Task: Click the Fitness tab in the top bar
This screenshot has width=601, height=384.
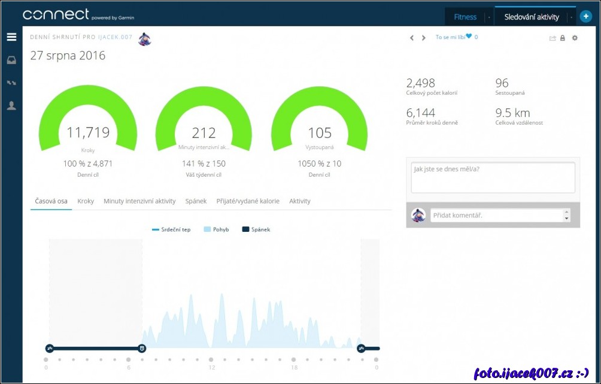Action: click(465, 17)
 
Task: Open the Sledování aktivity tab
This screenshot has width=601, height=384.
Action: click(531, 17)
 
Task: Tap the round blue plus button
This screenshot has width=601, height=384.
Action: click(585, 17)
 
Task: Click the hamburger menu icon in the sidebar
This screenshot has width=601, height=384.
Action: click(11, 37)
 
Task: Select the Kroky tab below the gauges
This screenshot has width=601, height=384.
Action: click(86, 201)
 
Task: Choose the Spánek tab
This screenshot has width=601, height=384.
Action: click(196, 201)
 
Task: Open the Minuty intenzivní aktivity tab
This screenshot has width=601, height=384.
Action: click(139, 201)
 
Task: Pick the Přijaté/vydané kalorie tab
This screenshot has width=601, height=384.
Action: click(248, 201)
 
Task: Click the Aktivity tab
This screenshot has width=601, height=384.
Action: click(300, 201)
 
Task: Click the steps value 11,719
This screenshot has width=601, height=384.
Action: click(87, 132)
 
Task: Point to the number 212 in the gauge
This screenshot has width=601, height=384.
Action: click(204, 133)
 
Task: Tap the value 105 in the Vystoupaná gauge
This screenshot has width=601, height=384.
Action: click(320, 133)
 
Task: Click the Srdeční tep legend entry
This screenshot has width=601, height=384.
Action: click(172, 229)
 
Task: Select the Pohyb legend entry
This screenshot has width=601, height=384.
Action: click(217, 229)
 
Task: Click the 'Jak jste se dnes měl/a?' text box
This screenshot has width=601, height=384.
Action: click(493, 177)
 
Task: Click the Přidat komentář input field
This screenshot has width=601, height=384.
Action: click(497, 215)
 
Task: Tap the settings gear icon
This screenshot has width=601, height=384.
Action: click(575, 38)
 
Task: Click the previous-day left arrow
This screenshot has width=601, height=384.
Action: click(412, 38)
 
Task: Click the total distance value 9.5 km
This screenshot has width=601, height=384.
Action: click(512, 113)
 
